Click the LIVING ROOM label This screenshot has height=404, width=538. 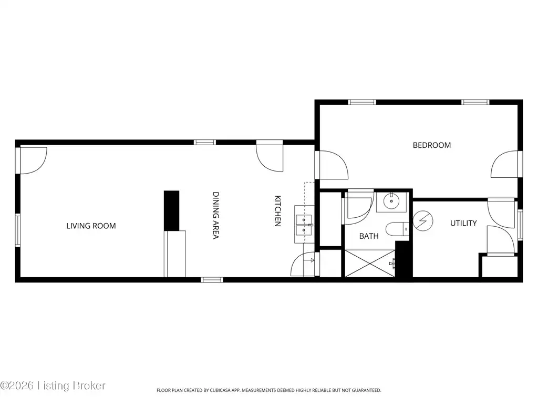click(x=91, y=226)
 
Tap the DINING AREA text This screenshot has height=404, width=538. click(x=215, y=215)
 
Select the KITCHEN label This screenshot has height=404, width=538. click(x=278, y=211)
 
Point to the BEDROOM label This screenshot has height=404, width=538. click(x=432, y=145)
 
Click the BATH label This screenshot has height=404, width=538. click(x=369, y=236)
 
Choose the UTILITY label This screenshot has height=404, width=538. click(x=463, y=223)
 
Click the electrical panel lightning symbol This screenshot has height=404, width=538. click(x=423, y=220)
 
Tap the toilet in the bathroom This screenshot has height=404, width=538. click(x=397, y=229)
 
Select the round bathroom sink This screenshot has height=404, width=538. click(x=391, y=201)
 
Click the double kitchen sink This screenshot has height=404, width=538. click(x=304, y=225)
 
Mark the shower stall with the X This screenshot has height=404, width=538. click(x=370, y=264)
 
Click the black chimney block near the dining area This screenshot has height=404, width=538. click(x=172, y=210)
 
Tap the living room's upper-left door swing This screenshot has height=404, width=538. click(x=33, y=160)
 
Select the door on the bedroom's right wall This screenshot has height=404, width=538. click(x=504, y=164)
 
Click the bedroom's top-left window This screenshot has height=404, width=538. click(x=362, y=103)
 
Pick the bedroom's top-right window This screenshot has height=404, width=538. click(x=475, y=103)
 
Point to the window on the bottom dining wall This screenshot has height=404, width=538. click(x=212, y=280)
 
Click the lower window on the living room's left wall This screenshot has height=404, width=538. click(x=18, y=230)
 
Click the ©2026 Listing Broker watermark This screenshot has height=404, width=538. click(x=53, y=386)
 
